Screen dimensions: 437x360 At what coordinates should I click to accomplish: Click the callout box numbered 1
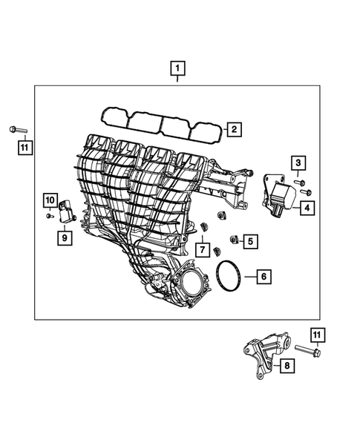(x=177, y=70)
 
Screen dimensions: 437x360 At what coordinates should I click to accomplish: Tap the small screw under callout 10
(x=48, y=215)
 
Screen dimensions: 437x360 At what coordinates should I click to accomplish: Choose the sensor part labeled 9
(x=68, y=212)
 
